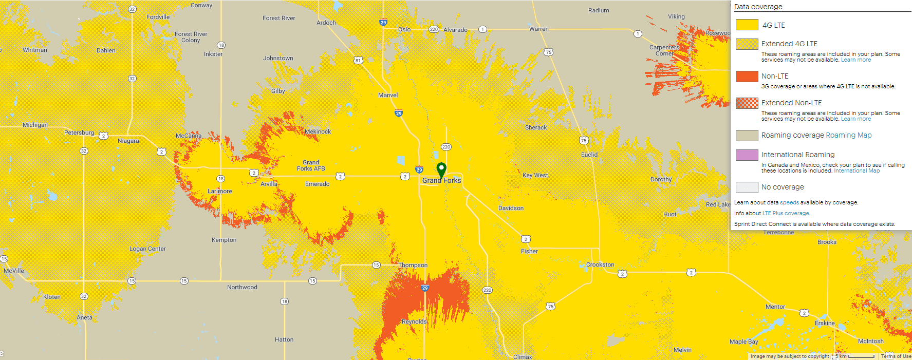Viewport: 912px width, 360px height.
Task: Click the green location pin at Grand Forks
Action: pos(441,169)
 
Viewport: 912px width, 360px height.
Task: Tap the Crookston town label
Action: pos(600,264)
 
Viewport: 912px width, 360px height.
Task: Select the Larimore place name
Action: pos(219,191)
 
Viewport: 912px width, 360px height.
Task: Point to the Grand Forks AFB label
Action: pos(311,165)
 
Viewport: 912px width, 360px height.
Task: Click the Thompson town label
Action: pos(413,265)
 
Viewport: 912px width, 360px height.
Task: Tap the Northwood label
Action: pos(242,287)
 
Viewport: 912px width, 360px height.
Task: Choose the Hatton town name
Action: pos(284,339)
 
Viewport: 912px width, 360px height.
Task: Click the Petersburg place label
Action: pos(79,132)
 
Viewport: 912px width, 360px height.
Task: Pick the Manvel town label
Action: pos(388,95)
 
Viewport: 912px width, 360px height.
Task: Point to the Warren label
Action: pos(539,29)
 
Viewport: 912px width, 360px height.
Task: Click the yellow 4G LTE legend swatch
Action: pos(747,25)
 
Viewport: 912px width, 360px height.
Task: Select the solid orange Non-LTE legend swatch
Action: pos(747,77)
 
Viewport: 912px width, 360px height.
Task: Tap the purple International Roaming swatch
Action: pos(747,155)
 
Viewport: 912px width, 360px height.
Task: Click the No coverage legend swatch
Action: pos(747,187)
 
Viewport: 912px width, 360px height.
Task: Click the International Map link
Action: pos(857,170)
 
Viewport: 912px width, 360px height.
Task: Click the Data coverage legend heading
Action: pos(758,7)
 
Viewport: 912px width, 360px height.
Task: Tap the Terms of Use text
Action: pos(896,356)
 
